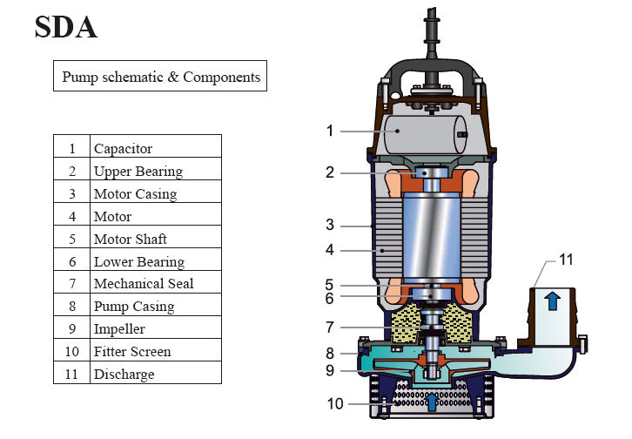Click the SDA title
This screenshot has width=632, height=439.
tap(66, 28)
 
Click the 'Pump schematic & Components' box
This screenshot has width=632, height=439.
tap(161, 77)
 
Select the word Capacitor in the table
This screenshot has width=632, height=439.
tap(123, 149)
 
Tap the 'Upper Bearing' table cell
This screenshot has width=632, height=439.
tap(138, 172)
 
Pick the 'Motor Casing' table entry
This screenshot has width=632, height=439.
tap(135, 194)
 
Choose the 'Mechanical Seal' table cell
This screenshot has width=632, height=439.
tap(144, 284)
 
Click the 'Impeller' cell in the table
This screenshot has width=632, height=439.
tap(119, 329)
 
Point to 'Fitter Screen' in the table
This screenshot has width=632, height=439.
tap(132, 352)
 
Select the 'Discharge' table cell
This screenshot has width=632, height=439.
tap(124, 375)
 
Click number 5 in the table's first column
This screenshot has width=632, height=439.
tap(71, 240)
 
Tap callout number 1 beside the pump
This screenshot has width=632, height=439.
tap(330, 131)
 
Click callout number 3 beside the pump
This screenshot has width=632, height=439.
tap(330, 225)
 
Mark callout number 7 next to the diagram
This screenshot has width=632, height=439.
tap(330, 327)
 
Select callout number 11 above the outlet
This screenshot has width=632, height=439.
tap(567, 260)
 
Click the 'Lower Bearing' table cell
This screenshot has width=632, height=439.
tap(138, 262)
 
